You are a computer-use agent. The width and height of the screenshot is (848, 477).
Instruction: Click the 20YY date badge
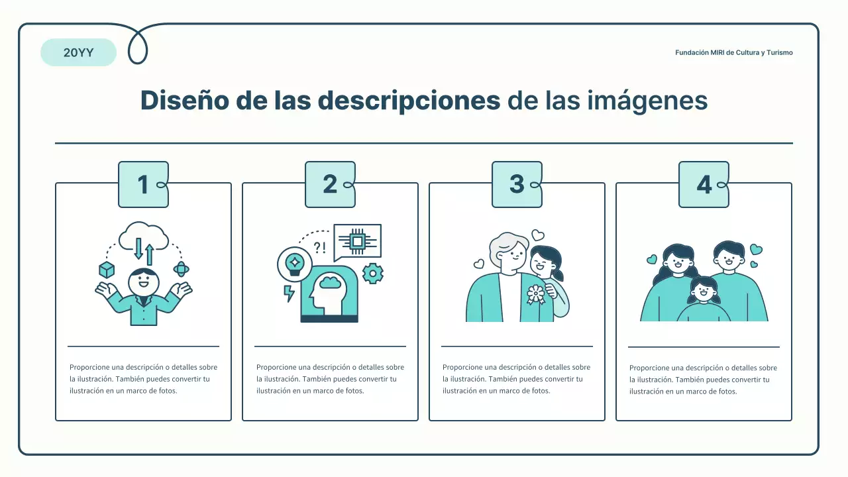coord(78,53)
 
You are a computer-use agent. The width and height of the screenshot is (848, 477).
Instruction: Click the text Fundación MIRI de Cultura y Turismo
coord(733,52)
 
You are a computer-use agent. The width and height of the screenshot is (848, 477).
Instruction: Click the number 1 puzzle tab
coord(143,185)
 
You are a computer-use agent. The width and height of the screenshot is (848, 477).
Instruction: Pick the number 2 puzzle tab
coord(330,185)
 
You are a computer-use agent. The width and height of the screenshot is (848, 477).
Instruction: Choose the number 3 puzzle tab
coord(517,185)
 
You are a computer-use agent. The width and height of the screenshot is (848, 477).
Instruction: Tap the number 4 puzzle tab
coord(704,185)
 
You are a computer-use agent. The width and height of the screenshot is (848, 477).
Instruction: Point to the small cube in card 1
coord(107,270)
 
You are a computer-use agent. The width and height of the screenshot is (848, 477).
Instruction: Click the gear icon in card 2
coord(373,273)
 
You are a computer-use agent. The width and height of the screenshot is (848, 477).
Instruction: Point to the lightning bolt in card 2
coord(289,293)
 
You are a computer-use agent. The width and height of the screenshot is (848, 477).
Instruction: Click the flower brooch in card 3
coord(535,293)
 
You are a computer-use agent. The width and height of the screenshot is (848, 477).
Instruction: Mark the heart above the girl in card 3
coord(538,235)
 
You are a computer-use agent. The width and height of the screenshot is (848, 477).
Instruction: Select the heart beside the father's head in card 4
coord(756,250)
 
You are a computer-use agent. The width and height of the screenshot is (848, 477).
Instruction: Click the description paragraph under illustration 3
coord(516,379)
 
